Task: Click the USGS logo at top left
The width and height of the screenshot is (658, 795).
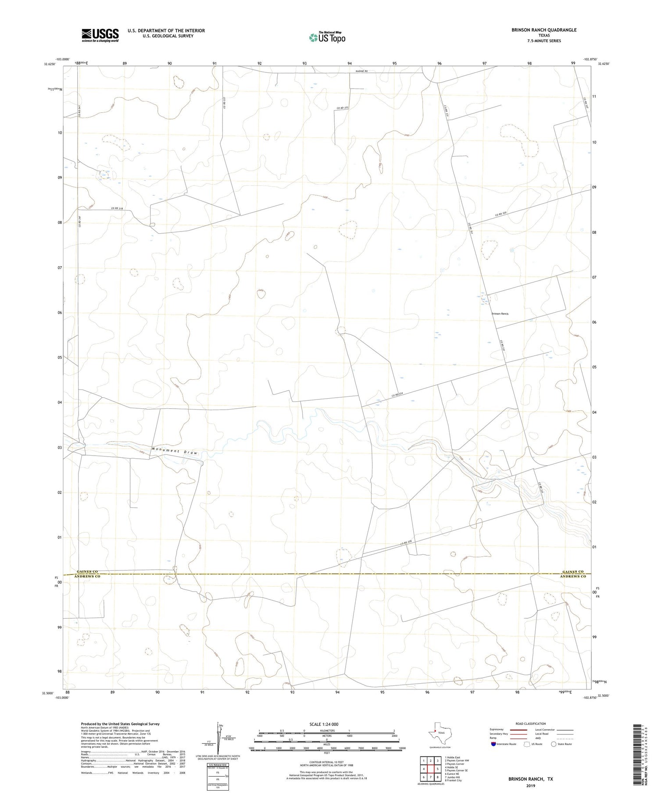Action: [100, 35]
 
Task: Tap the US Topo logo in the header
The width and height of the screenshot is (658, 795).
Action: [327, 38]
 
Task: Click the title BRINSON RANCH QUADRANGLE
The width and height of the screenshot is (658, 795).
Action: [544, 30]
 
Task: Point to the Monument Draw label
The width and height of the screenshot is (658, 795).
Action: [175, 451]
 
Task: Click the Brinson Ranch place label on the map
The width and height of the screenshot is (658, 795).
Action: [500, 314]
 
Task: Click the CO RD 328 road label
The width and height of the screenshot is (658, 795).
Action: [406, 543]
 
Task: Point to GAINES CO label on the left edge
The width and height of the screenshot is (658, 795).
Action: [87, 571]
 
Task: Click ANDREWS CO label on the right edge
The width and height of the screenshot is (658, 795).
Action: [573, 577]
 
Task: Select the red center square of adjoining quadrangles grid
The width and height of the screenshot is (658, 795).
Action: [430, 769]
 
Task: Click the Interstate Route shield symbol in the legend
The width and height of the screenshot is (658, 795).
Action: [493, 744]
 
